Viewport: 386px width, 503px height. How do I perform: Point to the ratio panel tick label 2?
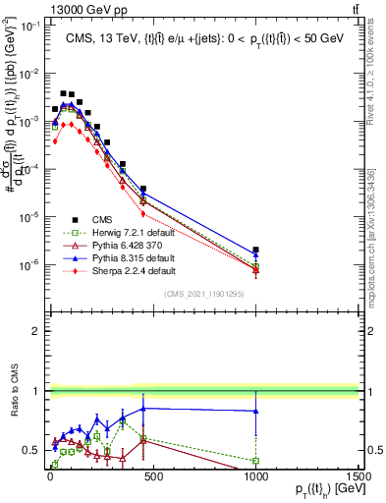35,331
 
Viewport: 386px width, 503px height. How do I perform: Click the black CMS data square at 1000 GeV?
255,251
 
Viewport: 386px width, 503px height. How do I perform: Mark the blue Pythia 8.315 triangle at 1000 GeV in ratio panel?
255,412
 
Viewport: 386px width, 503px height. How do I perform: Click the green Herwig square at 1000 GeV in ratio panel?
255,460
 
